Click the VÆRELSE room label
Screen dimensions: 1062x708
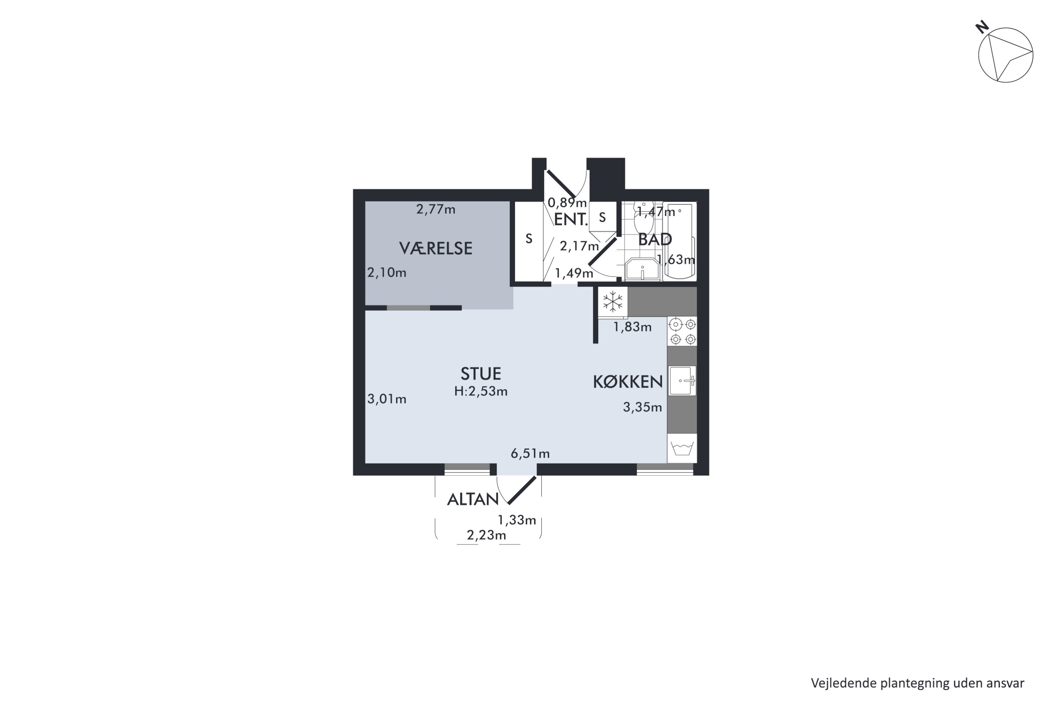click(x=435, y=249)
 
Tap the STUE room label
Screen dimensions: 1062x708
click(x=480, y=374)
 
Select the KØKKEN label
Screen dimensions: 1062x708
click(x=628, y=382)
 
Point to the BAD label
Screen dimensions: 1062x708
click(x=655, y=239)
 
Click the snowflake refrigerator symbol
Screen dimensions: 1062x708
click(x=613, y=302)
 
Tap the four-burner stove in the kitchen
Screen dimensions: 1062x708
click(x=682, y=331)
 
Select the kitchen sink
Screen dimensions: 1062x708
click(x=682, y=381)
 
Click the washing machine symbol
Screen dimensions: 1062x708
click(x=682, y=449)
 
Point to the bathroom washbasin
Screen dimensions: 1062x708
click(x=642, y=269)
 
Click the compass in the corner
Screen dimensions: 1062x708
click(x=1006, y=55)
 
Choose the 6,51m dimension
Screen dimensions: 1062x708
click(x=530, y=454)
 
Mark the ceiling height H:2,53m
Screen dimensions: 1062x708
click(x=481, y=392)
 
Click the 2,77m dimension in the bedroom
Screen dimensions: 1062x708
click(x=436, y=210)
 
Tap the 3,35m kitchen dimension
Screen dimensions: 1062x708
click(x=643, y=407)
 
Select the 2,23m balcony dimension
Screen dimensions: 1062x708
click(x=486, y=536)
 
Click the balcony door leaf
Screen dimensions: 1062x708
click(x=522, y=490)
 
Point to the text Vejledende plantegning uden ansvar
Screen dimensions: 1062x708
click(x=918, y=683)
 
